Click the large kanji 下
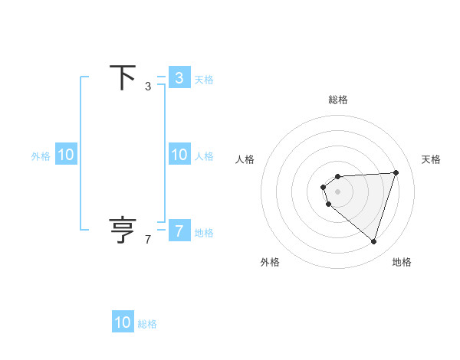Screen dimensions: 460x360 tap(123, 78)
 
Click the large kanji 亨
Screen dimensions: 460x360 tap(123, 230)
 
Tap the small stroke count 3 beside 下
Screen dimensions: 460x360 tap(148, 87)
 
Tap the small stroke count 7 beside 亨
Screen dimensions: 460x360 tap(148, 240)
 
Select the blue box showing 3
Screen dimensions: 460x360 tap(179, 77)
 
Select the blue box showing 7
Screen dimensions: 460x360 tap(179, 230)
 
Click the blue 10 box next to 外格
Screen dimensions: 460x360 tap(66, 155)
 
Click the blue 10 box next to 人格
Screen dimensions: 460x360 tap(179, 155)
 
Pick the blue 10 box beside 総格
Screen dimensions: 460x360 tap(123, 322)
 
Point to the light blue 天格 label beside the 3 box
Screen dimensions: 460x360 tap(204, 79)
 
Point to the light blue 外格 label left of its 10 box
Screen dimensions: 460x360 tap(41, 156)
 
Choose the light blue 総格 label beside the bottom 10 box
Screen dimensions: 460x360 tap(147, 324)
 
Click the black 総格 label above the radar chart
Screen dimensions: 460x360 tap(338, 100)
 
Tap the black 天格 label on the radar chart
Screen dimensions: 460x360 tap(431, 159)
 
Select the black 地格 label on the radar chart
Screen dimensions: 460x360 tap(402, 262)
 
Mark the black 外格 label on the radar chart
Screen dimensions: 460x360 tap(270, 262)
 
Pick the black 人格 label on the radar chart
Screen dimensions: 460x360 tap(245, 159)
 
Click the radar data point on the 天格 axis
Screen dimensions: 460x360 tap(396, 172)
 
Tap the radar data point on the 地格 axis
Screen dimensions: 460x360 tap(373, 241)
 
